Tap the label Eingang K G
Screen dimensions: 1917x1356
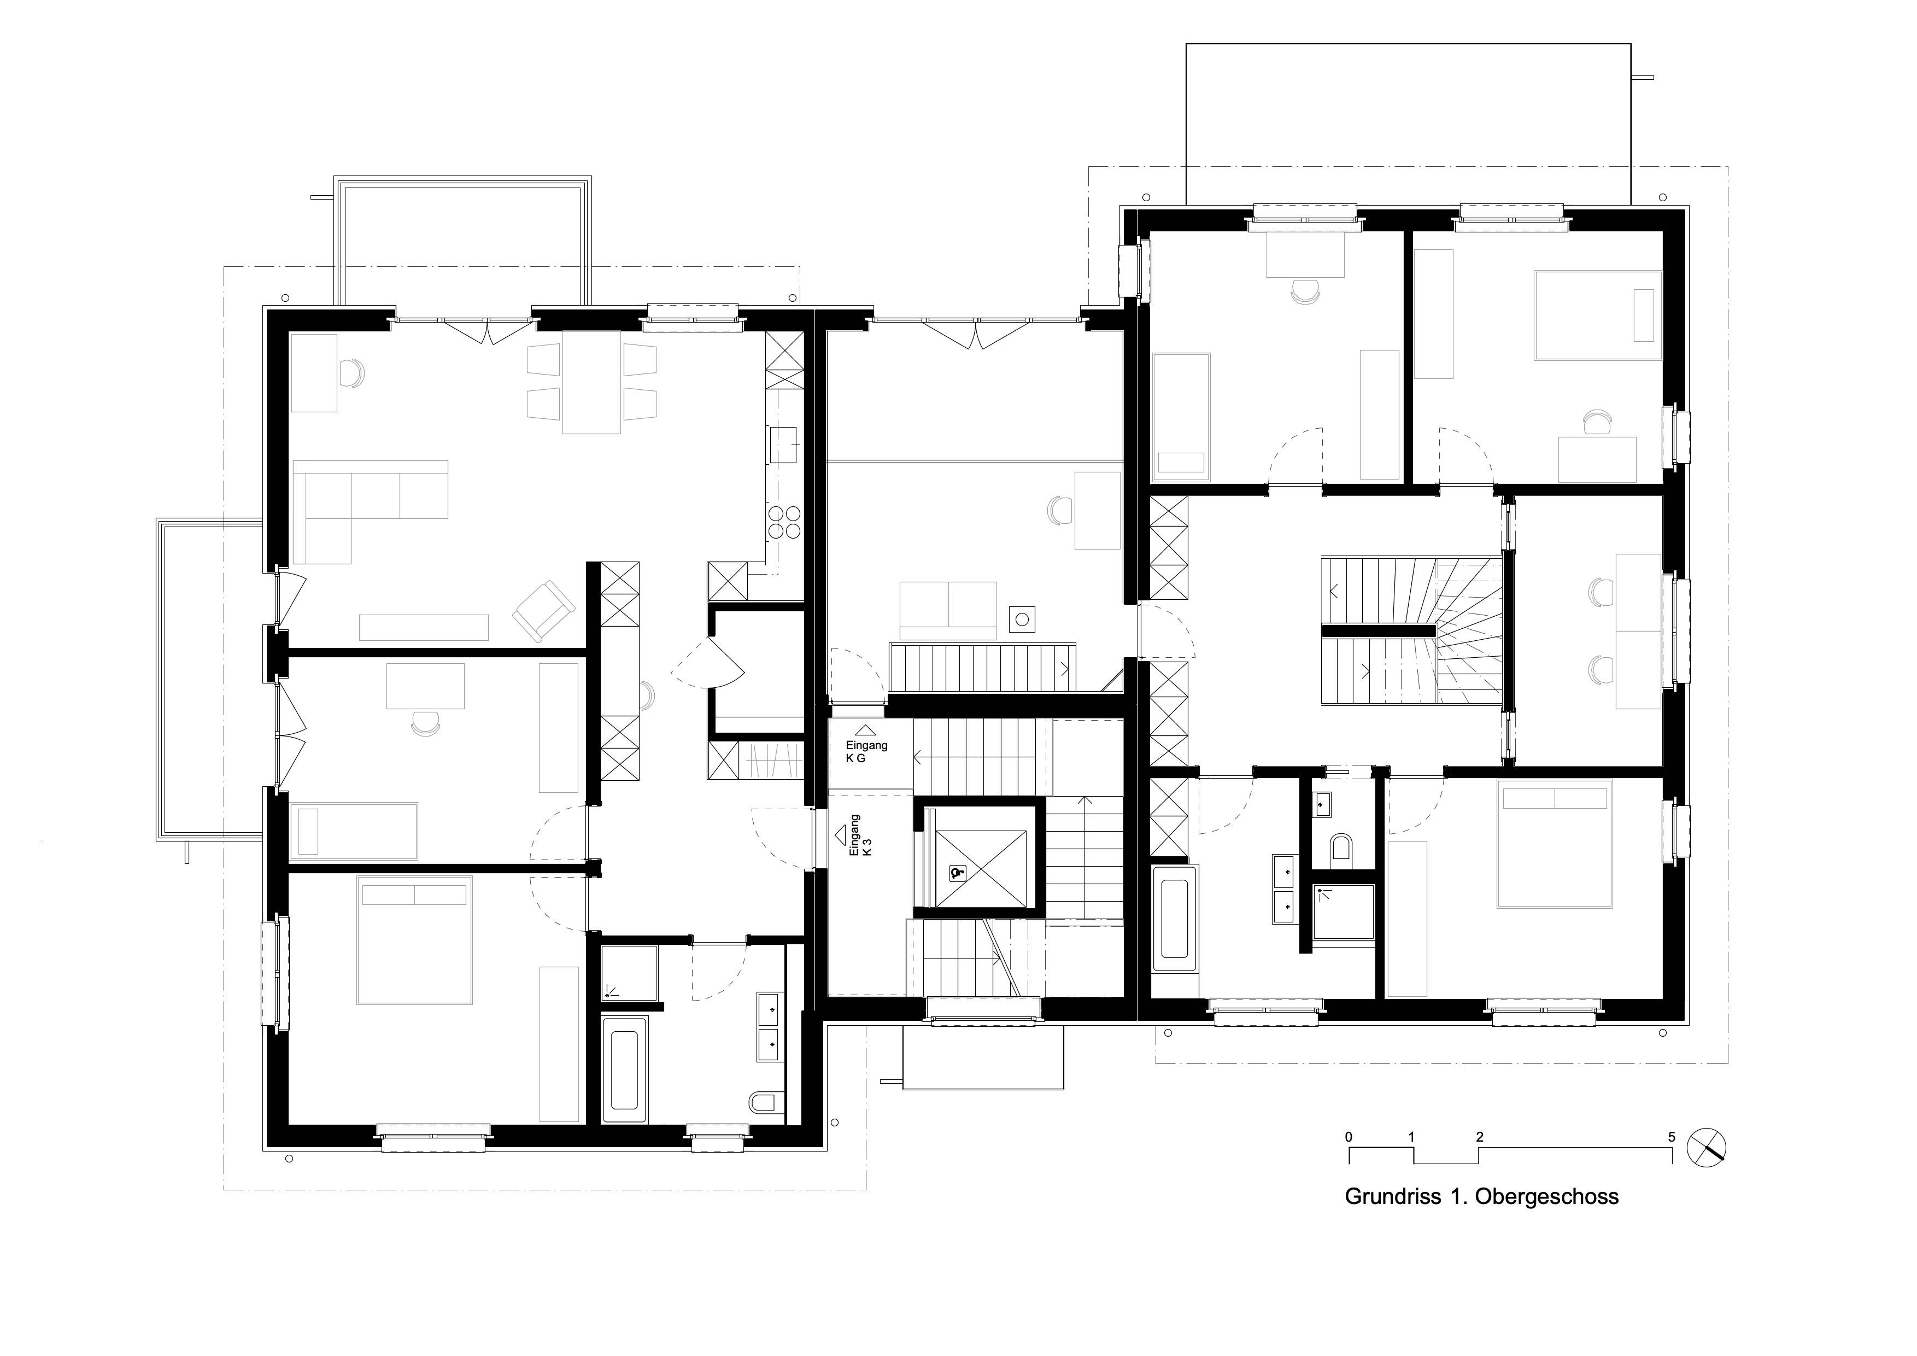[x=866, y=751]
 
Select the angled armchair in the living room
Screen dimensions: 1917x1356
[x=543, y=612]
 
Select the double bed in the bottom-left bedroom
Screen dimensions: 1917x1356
[x=414, y=939]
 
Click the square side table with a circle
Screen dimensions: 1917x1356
[x=1022, y=619]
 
